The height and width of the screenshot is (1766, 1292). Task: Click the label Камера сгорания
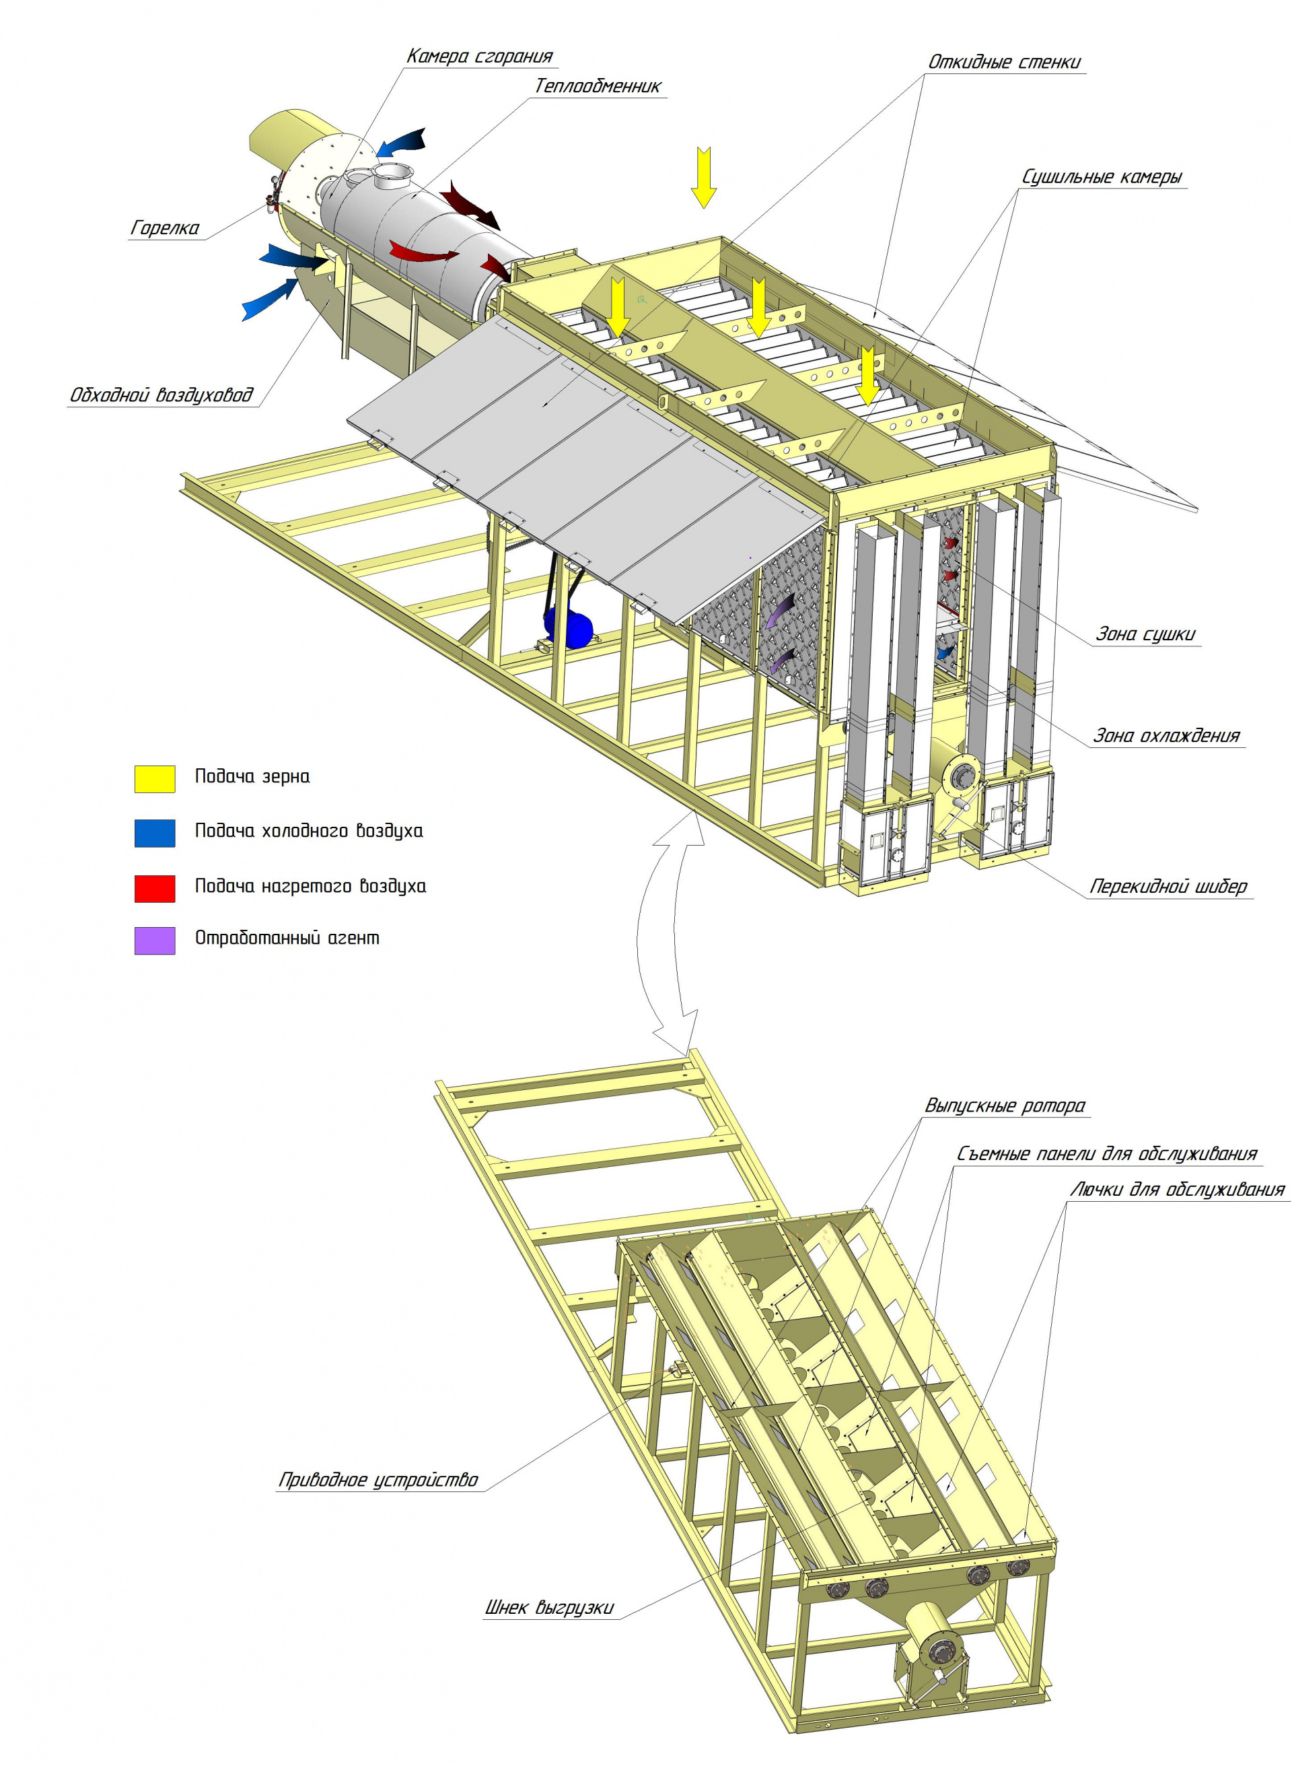pos(479,57)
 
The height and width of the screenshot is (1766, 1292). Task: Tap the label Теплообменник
pos(598,86)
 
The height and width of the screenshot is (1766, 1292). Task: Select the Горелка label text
pos(165,228)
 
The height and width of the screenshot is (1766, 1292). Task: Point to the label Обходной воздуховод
pos(162,395)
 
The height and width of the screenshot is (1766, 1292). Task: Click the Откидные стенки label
pos(1005,62)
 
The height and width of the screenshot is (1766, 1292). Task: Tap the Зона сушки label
pos(1146,634)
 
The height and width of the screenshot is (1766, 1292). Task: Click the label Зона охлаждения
pos(1166,735)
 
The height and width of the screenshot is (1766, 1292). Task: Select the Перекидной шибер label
pos(1168,887)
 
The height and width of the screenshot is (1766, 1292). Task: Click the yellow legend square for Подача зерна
pos(155,780)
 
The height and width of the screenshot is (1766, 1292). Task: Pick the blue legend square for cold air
pos(155,834)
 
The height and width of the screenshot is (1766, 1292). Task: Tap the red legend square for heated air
pos(155,889)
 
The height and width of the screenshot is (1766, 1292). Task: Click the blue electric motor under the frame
pos(569,627)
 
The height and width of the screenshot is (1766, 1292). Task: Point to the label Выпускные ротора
pos(1005,1106)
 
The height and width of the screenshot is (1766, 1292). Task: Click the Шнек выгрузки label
pos(550,1607)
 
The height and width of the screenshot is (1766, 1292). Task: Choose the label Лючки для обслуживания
pos(1177,1189)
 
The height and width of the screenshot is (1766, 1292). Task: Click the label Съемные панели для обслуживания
pos(1107,1153)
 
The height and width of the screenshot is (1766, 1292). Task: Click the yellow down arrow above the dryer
pos(704,178)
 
